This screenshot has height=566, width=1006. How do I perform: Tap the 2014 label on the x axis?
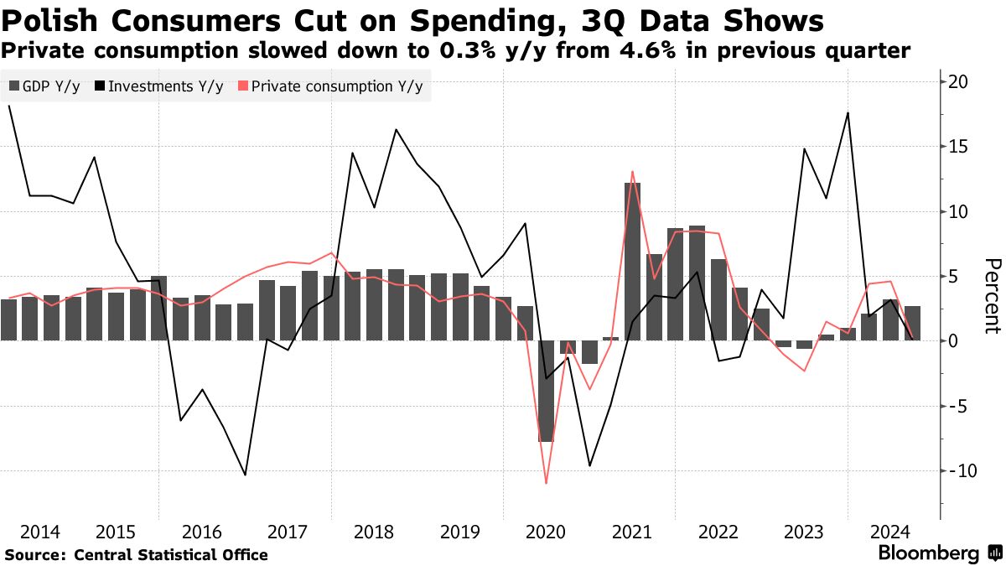point(40,532)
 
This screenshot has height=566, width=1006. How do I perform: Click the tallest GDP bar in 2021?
point(633,260)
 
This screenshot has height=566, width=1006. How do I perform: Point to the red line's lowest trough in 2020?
point(547,483)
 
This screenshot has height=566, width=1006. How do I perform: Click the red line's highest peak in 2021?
point(632,172)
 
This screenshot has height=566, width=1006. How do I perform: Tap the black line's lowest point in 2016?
point(245,475)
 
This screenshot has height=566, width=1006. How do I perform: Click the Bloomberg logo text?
point(929,553)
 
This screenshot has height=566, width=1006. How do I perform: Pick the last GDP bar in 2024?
point(912,324)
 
